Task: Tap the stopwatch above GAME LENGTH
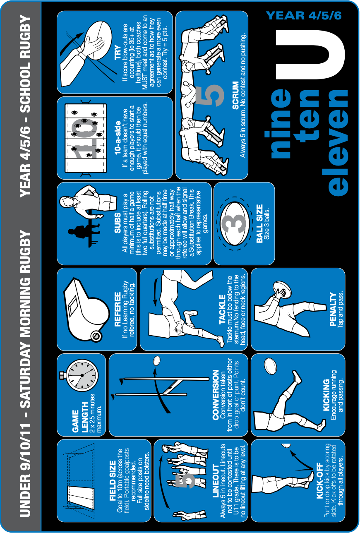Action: coord(82,375)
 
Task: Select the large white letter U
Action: coord(310,55)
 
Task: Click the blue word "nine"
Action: coord(281,123)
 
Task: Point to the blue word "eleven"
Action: coord(338,142)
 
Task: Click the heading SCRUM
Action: coord(235,96)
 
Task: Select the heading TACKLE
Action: coord(222,310)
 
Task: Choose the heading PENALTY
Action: coord(333,310)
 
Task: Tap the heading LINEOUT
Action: coord(215,481)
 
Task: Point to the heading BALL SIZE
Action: coord(259,223)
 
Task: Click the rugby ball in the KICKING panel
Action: coord(271,366)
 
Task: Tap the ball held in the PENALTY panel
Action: coord(282,289)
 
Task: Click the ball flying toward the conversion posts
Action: coord(156,361)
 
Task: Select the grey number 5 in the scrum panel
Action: coord(209,95)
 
